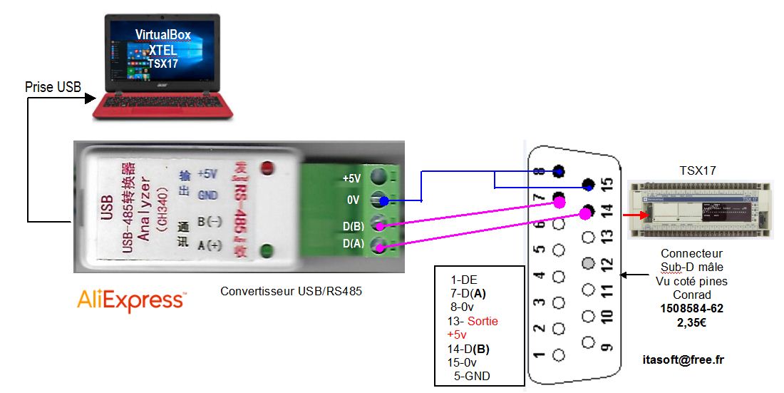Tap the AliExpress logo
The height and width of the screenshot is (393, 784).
[131, 300]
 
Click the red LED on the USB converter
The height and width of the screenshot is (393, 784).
[269, 169]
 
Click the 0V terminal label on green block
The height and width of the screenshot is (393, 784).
[353, 200]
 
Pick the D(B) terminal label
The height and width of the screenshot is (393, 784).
[352, 227]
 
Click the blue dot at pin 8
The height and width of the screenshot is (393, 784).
[559, 171]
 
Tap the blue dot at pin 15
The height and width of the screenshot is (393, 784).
[589, 185]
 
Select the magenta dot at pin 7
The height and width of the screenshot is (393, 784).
[558, 201]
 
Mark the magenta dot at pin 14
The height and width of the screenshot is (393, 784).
[589, 212]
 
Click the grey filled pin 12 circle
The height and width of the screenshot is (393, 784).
[588, 263]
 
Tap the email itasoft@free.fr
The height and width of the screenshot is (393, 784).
[685, 359]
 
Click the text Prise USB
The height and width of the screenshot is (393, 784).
[53, 87]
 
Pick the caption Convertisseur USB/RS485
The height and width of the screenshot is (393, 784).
[287, 291]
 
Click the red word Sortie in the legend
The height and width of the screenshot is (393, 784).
[484, 321]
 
